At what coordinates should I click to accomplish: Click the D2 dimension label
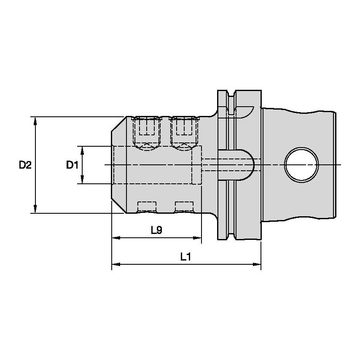[25, 165]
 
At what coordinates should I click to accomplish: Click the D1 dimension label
[72, 165]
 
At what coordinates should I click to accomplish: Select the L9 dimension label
[157, 230]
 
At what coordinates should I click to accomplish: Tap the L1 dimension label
[186, 257]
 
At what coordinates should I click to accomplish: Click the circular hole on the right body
[301, 164]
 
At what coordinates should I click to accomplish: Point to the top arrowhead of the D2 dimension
[35, 121]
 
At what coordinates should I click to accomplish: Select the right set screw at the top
[184, 131]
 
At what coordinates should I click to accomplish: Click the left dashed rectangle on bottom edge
[147, 207]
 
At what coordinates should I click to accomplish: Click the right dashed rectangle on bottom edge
[184, 207]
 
